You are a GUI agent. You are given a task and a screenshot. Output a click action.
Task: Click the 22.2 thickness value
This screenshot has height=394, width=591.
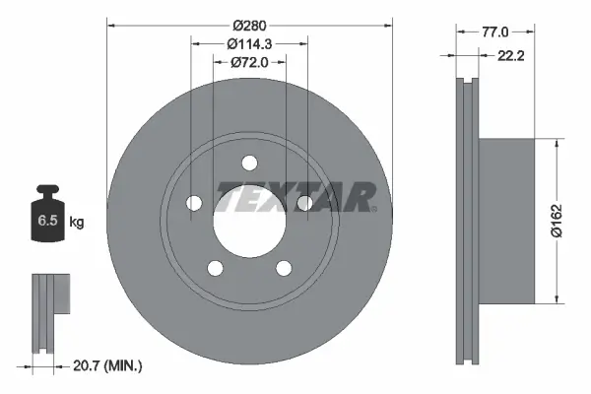509,57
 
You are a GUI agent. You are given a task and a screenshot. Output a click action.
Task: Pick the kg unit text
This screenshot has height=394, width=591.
77,223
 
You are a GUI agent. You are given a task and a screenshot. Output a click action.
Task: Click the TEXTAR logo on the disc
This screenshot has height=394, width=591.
296,197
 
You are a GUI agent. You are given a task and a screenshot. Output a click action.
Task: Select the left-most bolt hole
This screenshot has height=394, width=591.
193,203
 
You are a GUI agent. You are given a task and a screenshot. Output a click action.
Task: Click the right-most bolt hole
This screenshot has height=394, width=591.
304,203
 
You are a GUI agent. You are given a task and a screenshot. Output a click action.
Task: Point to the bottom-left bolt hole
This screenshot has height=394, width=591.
214,267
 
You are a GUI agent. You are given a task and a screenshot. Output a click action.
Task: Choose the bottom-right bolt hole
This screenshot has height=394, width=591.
284,267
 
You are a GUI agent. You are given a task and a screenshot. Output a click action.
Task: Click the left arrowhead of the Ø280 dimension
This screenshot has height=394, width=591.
110,23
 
